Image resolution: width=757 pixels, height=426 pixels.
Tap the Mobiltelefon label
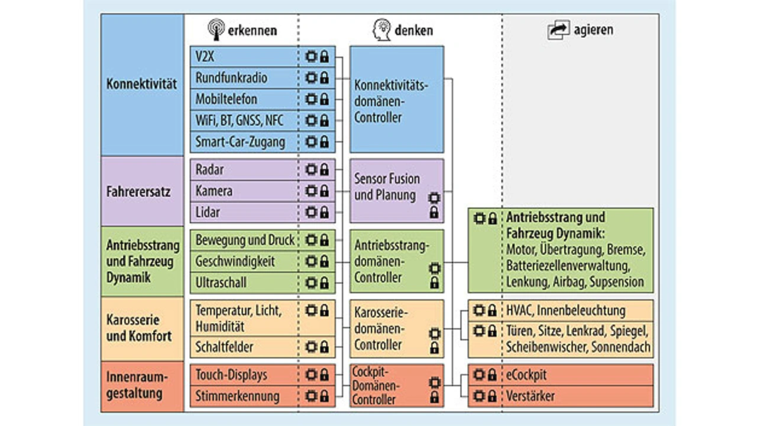click(227, 99)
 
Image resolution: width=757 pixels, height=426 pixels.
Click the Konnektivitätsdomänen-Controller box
click(396, 99)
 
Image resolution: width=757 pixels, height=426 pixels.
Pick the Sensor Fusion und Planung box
click(396, 190)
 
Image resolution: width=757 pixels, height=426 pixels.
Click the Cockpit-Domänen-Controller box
click(396, 385)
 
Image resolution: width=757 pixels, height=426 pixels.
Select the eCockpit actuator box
click(561, 375)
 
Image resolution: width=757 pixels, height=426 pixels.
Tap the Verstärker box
click(561, 396)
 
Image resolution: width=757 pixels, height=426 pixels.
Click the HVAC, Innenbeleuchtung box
click(561, 310)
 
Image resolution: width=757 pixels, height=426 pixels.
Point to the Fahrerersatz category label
click(142, 191)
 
